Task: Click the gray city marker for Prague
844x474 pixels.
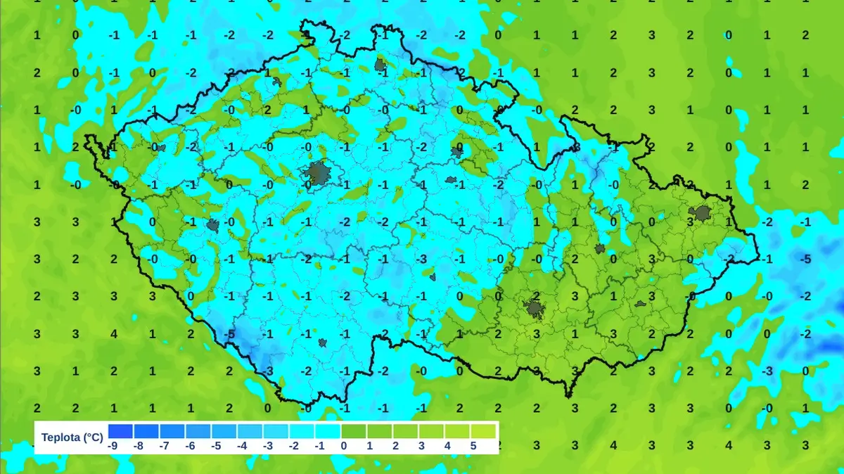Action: [x=317, y=172]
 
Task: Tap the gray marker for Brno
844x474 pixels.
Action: [x=535, y=308]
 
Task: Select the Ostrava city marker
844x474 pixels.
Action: [x=701, y=214]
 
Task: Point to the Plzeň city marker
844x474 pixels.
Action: [x=213, y=226]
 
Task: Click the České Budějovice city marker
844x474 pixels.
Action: [x=322, y=343]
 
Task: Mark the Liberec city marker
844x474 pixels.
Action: [x=381, y=65]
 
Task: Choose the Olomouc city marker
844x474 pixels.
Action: [x=600, y=248]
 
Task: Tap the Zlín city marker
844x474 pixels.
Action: [x=641, y=304]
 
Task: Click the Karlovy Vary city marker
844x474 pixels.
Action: [x=161, y=148]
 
